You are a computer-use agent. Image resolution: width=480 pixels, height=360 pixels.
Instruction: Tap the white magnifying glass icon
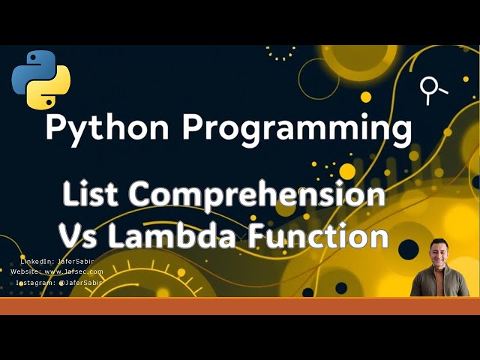click(x=432, y=90)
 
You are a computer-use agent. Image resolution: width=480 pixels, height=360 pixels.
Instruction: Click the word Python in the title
click(x=108, y=127)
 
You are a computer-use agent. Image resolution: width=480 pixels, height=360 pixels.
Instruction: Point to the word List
click(x=90, y=195)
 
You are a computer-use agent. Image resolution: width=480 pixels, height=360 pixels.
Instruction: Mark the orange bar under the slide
click(x=240, y=305)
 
